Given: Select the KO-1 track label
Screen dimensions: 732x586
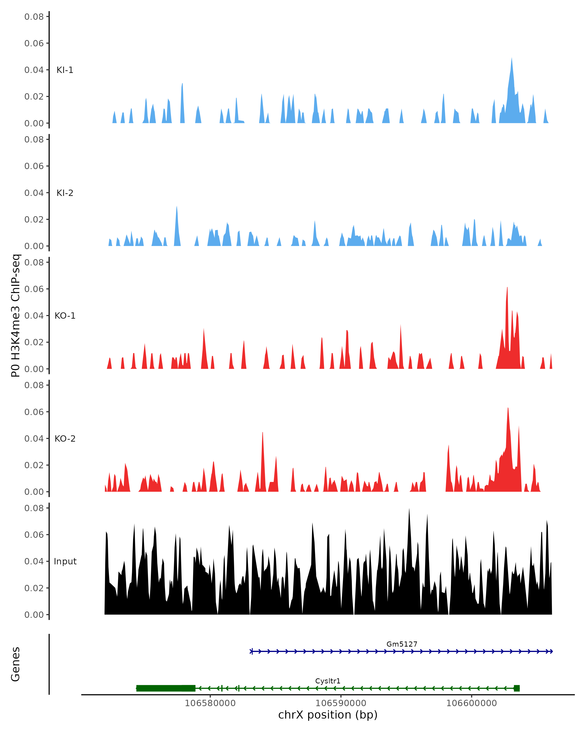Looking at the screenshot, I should [65, 316].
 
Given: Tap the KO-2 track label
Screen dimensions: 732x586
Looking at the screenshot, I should [65, 439].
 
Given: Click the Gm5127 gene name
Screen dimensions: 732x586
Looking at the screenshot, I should [402, 644].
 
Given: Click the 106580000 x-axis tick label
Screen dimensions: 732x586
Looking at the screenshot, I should [210, 703].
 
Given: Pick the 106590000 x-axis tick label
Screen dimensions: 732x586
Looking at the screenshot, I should [341, 703].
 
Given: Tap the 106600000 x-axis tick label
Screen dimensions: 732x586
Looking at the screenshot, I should [471, 703].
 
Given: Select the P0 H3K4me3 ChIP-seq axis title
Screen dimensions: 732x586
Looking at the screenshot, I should [15, 316].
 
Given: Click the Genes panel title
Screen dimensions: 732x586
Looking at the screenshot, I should [15, 664].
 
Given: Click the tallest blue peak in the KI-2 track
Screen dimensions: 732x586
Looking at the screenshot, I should [177, 208].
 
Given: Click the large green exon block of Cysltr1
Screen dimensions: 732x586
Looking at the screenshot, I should [166, 688].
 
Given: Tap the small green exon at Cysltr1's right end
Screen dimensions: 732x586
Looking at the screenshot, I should [517, 688].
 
